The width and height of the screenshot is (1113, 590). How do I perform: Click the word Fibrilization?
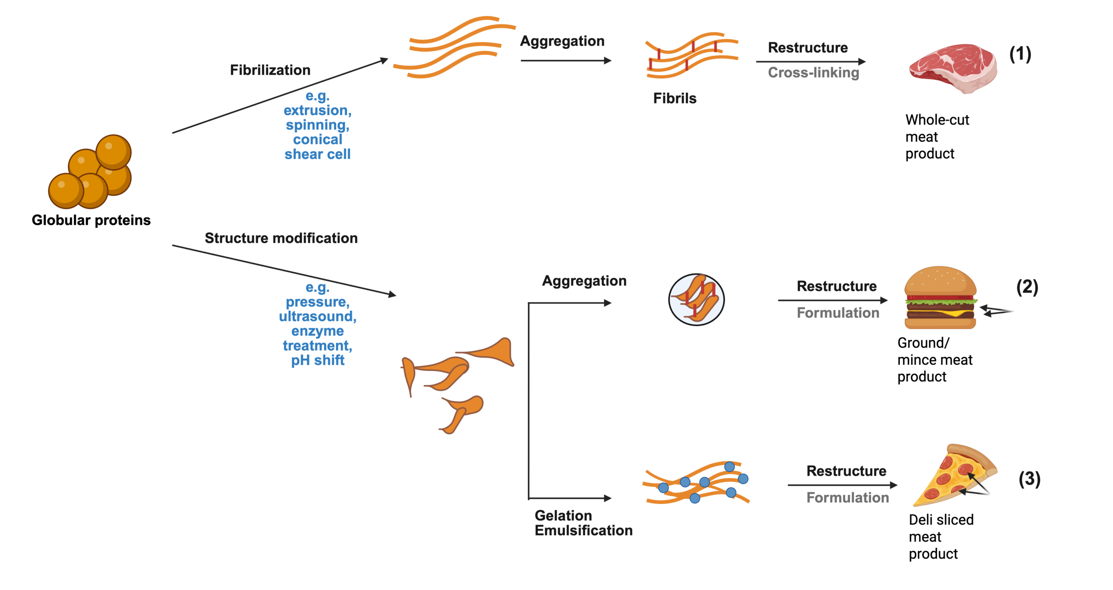click(x=270, y=70)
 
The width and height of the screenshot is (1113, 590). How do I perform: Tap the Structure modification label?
click(x=281, y=238)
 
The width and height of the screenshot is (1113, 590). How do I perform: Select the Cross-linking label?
click(x=813, y=73)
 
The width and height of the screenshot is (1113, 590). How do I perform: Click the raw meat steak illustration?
click(x=953, y=68)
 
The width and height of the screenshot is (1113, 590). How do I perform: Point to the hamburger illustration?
click(x=940, y=298)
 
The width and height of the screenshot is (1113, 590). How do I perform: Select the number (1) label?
click(x=1020, y=54)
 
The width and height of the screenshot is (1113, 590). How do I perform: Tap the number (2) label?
click(x=1027, y=287)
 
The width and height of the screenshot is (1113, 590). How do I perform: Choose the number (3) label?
click(x=1029, y=479)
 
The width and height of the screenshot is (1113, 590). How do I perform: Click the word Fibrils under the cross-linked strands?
click(x=675, y=98)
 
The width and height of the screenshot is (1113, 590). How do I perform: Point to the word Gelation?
click(x=563, y=516)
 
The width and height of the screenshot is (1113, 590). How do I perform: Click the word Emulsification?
click(x=583, y=530)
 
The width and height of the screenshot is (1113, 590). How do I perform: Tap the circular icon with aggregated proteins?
click(x=696, y=300)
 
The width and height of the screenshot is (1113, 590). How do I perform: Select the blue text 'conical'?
click(x=317, y=140)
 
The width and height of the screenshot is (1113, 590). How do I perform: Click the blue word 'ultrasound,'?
click(x=317, y=317)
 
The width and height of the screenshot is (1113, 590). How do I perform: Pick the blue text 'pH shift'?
click(x=317, y=360)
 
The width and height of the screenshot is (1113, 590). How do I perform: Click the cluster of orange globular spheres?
click(x=90, y=173)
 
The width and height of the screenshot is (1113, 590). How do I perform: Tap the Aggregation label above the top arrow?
click(x=562, y=41)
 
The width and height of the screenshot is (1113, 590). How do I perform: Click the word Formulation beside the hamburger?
click(x=838, y=313)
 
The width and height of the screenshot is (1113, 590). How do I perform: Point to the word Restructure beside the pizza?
click(x=846, y=471)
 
